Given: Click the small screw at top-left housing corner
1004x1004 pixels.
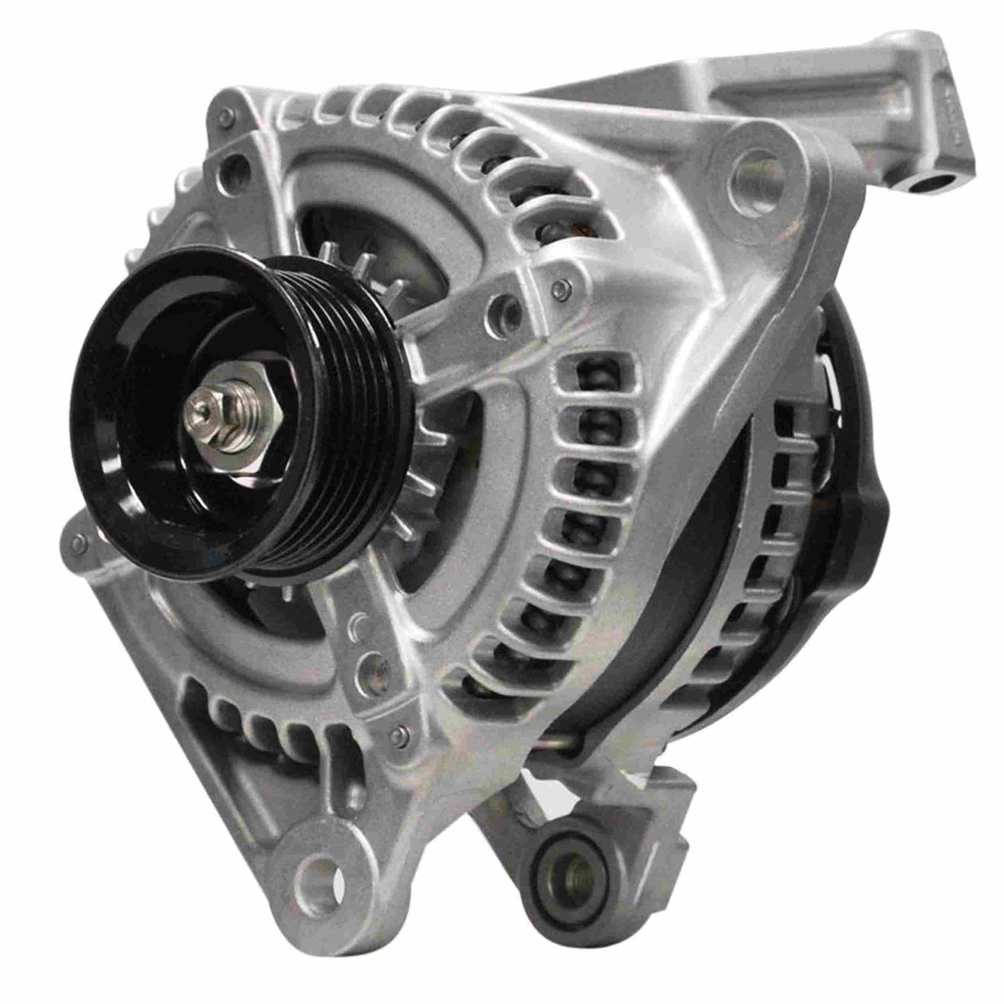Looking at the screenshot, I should click(224, 115).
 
